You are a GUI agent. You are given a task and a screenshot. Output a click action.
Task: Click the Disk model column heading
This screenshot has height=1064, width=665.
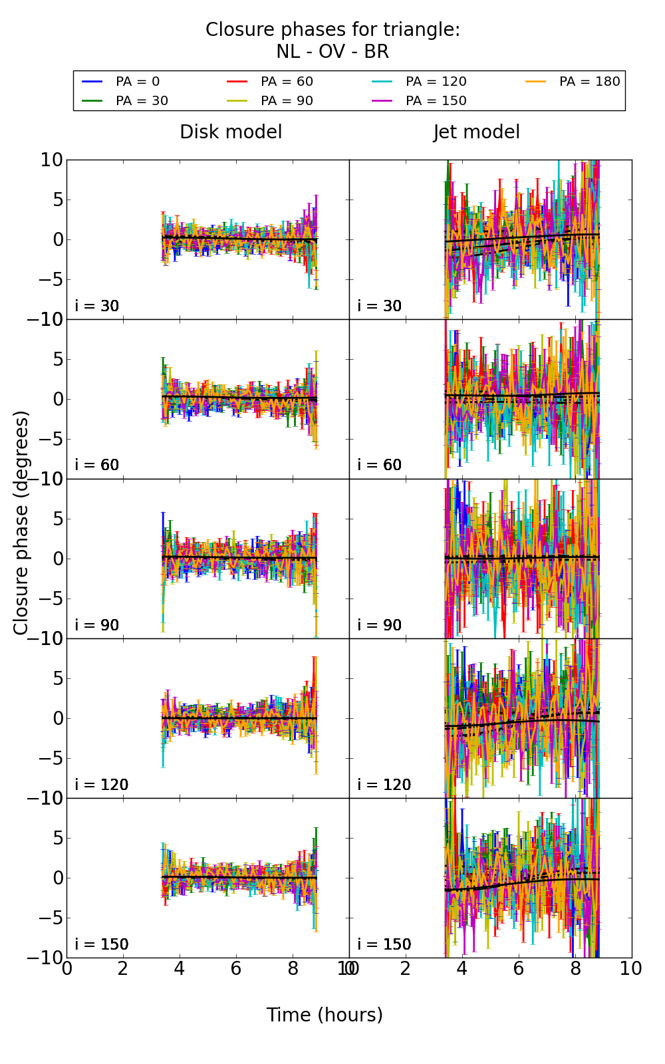pos(231,132)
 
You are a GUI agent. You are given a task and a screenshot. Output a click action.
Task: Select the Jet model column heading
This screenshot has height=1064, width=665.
pos(476,132)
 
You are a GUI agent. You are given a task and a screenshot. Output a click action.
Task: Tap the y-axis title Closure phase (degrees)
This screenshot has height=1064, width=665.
pos(21,523)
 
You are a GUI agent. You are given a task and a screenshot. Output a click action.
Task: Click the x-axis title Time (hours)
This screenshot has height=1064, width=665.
pos(325,1015)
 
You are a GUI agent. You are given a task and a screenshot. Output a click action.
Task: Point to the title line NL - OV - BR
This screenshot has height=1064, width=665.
pos(332,52)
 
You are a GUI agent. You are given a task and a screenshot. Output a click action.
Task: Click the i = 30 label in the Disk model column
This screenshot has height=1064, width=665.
pos(97,306)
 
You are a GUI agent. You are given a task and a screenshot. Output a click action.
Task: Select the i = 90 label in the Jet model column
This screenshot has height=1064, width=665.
pos(380,625)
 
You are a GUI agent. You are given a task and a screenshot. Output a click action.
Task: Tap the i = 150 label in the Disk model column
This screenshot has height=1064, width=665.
pos(102,944)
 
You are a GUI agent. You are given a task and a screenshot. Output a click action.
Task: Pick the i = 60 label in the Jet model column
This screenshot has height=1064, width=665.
pos(380,465)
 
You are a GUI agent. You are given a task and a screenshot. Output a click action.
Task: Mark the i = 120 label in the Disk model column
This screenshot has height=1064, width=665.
pos(102,785)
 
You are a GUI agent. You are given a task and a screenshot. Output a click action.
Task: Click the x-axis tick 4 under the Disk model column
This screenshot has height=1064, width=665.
pos(180,968)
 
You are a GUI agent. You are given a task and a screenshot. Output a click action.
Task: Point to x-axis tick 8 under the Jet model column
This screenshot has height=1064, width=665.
pos(575,968)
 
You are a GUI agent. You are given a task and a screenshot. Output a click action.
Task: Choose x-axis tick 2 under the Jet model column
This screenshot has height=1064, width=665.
pos(406,968)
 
